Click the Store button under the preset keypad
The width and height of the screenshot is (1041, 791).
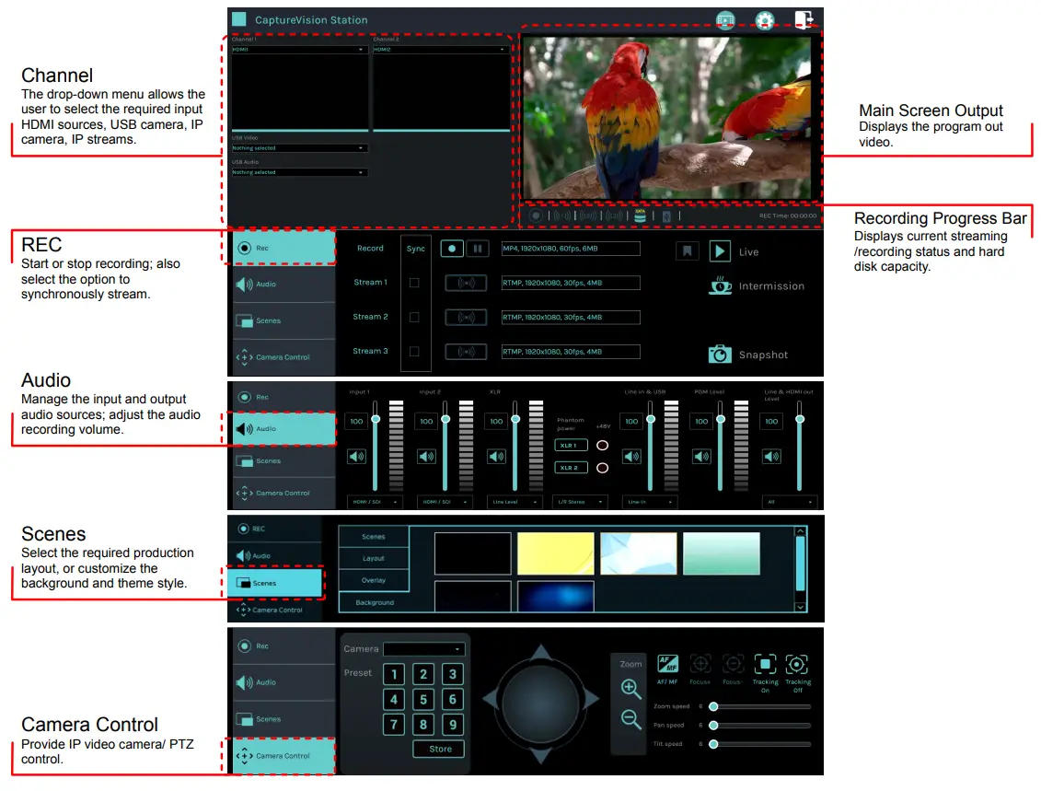tap(440, 749)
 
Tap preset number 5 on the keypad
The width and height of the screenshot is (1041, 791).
tap(423, 699)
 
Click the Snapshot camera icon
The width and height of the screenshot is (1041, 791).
tap(720, 355)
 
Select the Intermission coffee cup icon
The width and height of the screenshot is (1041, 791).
tap(721, 285)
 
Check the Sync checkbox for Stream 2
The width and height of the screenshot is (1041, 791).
tap(414, 317)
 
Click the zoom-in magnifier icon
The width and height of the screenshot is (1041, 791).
tap(631, 689)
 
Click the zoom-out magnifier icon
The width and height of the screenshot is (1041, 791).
tap(631, 719)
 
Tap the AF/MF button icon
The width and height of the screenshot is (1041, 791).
tap(667, 664)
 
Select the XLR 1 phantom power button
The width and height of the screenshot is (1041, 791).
tap(570, 445)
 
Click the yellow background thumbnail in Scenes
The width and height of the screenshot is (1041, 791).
tap(555, 553)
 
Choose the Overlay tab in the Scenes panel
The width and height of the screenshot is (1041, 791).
tap(374, 580)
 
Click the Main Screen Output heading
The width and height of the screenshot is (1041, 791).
tap(931, 111)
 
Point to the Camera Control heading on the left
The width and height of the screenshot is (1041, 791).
tap(90, 725)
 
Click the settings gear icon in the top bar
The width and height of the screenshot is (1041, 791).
tap(764, 20)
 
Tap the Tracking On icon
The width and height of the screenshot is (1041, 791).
tap(765, 664)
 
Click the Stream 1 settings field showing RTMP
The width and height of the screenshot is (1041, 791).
tap(571, 283)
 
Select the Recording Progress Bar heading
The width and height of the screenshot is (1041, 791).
tap(940, 218)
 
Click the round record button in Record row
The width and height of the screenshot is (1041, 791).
tap(451, 249)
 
